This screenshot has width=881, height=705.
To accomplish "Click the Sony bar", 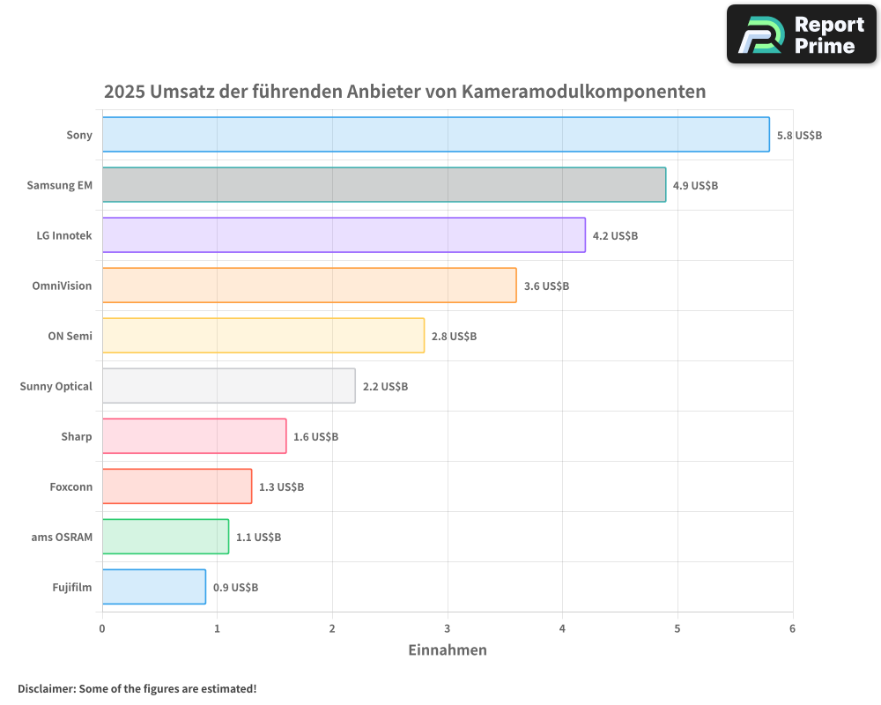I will tap(435, 135).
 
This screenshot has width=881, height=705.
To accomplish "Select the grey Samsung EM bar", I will tap(383, 185).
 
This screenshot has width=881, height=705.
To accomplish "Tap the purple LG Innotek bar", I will tap(344, 235).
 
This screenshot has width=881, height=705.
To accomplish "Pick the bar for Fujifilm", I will tap(153, 587).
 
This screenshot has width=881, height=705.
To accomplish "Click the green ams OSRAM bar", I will tap(165, 537).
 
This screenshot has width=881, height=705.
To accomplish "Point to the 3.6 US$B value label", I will tap(546, 286).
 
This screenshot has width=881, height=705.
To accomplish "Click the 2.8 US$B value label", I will tap(454, 337).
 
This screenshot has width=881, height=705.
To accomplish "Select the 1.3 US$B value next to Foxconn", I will tap(281, 487).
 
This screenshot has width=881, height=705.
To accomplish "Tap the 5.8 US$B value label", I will tap(799, 136).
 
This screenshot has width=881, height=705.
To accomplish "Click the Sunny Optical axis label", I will tap(56, 387).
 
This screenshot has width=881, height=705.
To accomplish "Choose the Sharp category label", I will tap(76, 437).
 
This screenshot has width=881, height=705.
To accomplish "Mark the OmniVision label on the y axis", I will tap(62, 286).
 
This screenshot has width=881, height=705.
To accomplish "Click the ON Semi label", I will tap(70, 337).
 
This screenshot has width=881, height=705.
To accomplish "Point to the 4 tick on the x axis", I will tap(562, 628).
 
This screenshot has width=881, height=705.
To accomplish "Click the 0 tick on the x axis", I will tap(102, 628).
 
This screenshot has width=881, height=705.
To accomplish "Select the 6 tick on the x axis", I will tap(792, 628).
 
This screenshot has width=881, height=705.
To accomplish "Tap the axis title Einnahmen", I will tap(447, 650).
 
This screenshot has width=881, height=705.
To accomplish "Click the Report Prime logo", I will tap(801, 34).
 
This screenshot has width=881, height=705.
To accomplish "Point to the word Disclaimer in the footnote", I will tap(45, 688).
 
